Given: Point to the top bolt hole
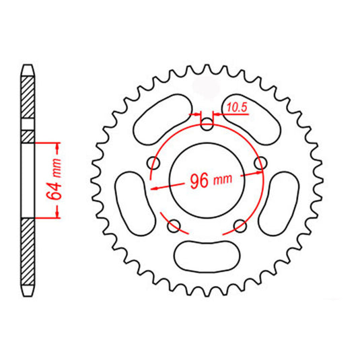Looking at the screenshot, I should coord(207,124).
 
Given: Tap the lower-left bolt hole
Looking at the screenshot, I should coord(174,225).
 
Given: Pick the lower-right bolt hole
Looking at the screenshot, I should coord(240,225).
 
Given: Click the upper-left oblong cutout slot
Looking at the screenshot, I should coord(161,118).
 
